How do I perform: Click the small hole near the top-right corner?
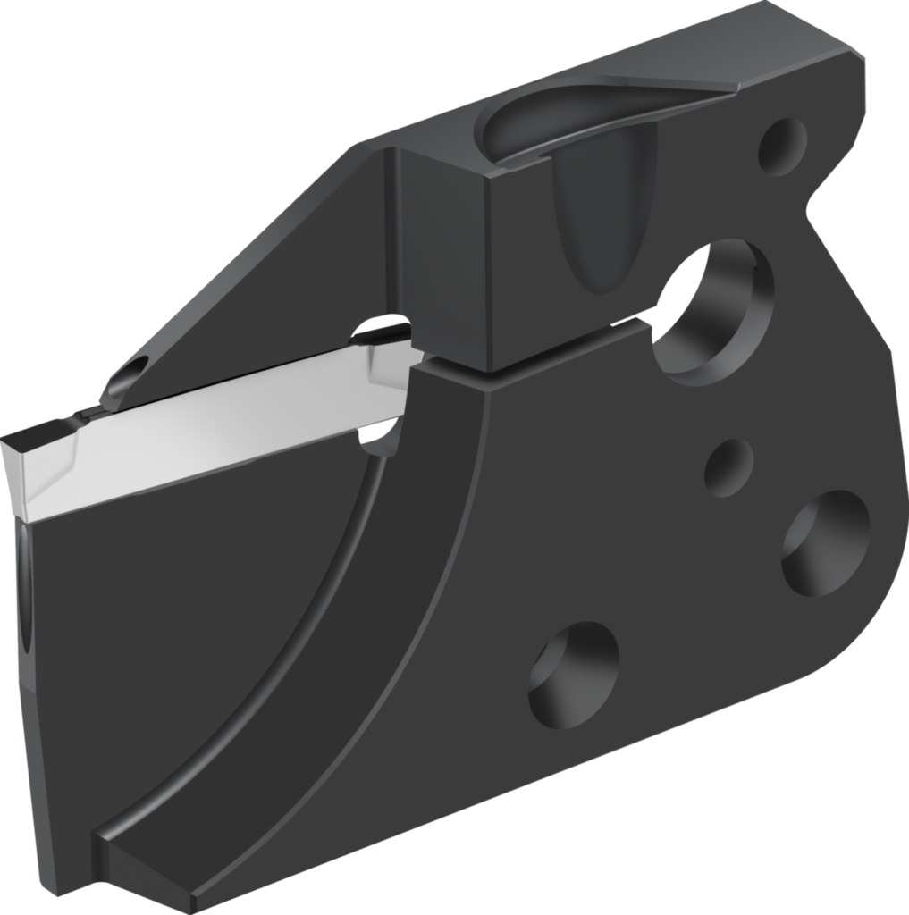[x=781, y=146]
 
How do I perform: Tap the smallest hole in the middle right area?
[x=728, y=466]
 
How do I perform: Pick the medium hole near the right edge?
[x=825, y=542]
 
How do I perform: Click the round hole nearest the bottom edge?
[x=573, y=674]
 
